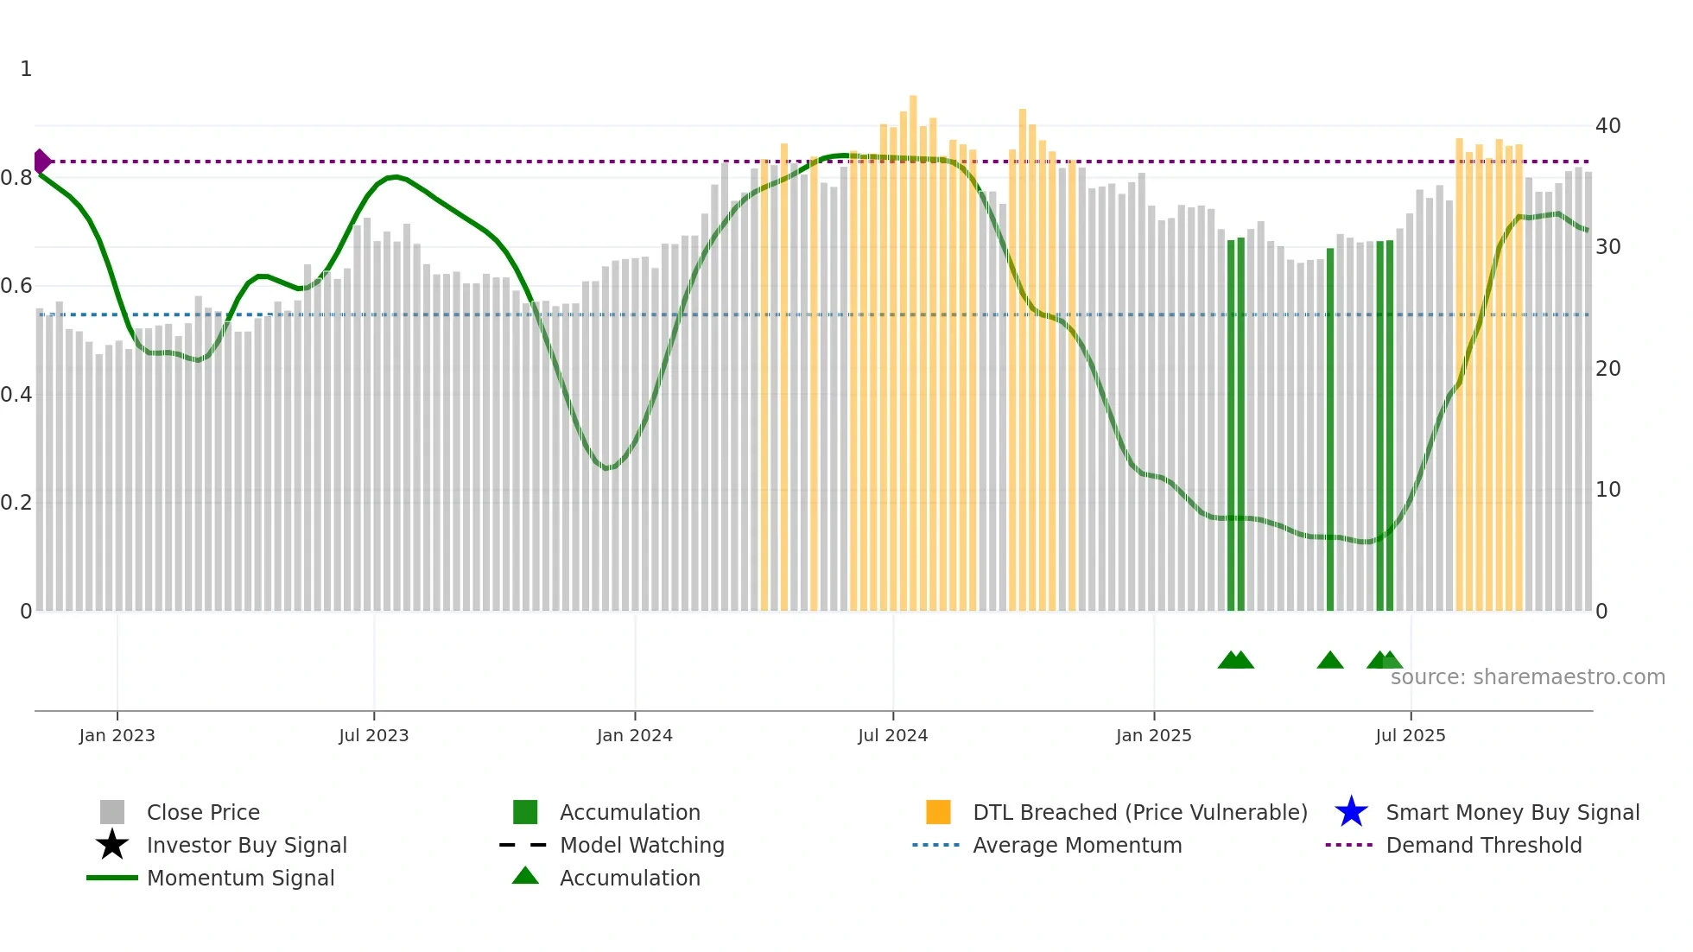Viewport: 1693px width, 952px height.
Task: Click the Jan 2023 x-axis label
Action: (x=117, y=735)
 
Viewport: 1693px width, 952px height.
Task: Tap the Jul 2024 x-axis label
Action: (x=892, y=735)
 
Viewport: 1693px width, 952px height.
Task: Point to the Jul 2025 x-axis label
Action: (x=1410, y=735)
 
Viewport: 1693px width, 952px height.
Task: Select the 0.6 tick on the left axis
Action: (x=16, y=286)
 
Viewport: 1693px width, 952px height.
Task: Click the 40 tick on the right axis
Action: (x=1607, y=126)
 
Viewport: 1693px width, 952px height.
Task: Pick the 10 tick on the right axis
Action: (x=1607, y=490)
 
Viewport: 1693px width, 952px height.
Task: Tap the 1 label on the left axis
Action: (x=26, y=69)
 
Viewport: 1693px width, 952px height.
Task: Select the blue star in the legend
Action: (x=1351, y=812)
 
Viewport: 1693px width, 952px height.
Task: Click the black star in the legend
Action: (x=112, y=845)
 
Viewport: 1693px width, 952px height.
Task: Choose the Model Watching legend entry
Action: (x=642, y=845)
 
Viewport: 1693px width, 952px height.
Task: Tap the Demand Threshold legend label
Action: (x=1483, y=845)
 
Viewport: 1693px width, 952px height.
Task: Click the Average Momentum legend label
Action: (x=1076, y=845)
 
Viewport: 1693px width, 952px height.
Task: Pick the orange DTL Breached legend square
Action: (x=938, y=812)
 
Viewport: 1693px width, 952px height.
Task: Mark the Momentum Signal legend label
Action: (x=240, y=878)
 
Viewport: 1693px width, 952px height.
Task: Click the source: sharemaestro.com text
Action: (x=1527, y=677)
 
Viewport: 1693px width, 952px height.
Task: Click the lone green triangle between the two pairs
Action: (x=1330, y=661)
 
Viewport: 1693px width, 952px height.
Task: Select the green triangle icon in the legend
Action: (x=525, y=876)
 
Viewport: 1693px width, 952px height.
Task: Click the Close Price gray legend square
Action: (x=112, y=812)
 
